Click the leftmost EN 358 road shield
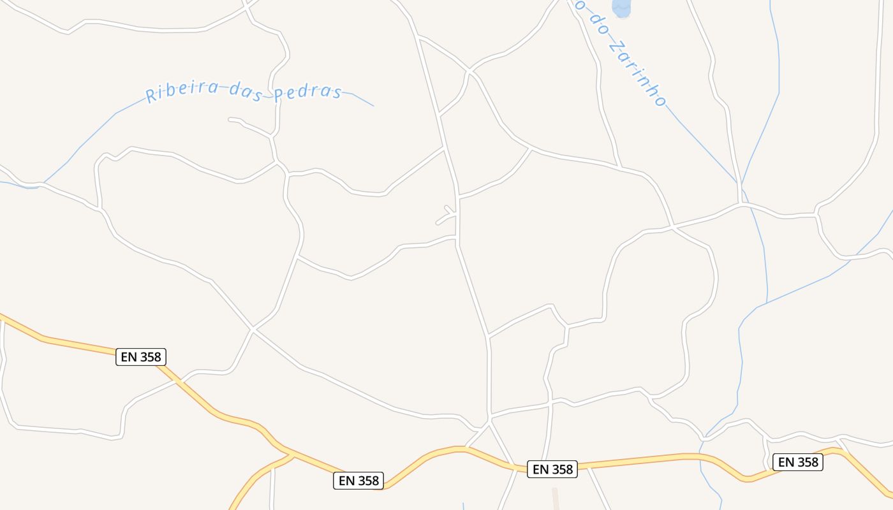point(141,357)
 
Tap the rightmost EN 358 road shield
point(797,462)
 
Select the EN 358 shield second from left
point(358,481)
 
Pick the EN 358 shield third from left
point(553,469)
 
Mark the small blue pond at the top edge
point(621,8)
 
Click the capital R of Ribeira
point(152,96)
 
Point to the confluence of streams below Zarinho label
point(741,185)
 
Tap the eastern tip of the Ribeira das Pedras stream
point(373,106)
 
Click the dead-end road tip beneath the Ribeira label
point(230,119)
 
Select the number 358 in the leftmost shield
point(151,357)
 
